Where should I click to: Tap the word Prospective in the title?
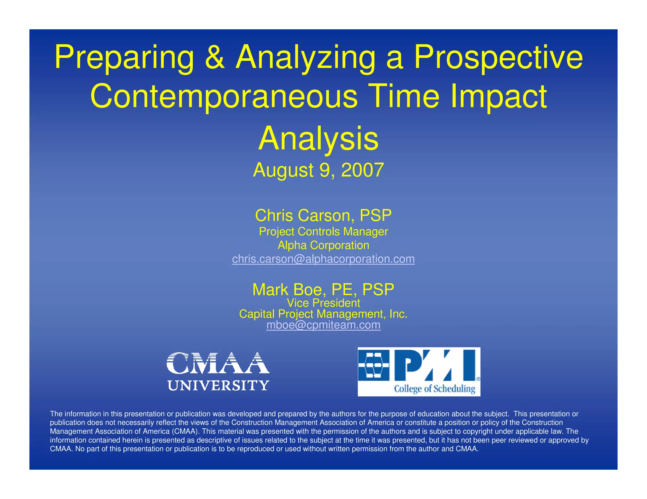coord(498,58)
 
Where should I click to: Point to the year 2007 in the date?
coord(362,170)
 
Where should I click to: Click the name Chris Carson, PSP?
coord(323,215)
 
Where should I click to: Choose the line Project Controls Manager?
coord(323,232)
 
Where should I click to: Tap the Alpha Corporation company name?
coord(323,245)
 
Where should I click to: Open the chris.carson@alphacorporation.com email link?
coord(323,259)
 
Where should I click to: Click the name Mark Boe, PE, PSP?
coord(323,289)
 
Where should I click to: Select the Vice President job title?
coord(323,303)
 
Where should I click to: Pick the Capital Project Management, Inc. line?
coord(323,314)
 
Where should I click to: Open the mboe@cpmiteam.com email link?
coord(323,325)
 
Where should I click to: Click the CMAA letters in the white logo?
coord(218,363)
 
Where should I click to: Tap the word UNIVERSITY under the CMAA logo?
coord(218,385)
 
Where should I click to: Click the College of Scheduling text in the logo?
coord(434,389)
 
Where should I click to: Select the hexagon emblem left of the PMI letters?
coord(373,365)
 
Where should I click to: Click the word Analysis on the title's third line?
coord(318,138)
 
